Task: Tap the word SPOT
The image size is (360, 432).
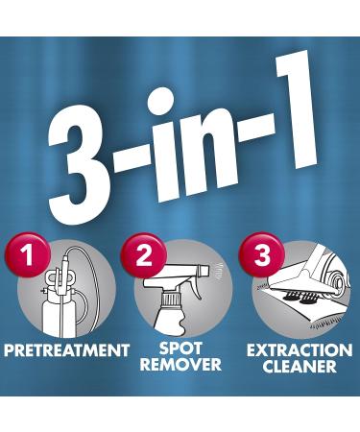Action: pyautogui.click(x=180, y=347)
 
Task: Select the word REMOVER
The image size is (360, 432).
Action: pyautogui.click(x=180, y=365)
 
